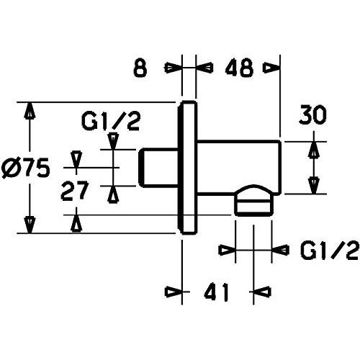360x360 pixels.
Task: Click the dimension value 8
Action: click(x=140, y=68)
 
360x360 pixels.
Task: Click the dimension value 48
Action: click(x=239, y=68)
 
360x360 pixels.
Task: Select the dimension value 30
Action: click(x=312, y=116)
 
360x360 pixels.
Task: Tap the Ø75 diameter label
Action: click(x=26, y=168)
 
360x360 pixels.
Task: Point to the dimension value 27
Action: click(x=75, y=192)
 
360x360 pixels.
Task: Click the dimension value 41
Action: click(x=216, y=292)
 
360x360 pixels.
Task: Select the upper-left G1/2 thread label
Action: click(x=111, y=122)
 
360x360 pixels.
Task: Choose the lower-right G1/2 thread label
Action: click(x=330, y=251)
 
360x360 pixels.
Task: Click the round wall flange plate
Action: click(x=187, y=167)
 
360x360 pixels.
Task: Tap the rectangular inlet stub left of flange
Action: click(x=158, y=168)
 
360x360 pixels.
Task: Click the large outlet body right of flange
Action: click(x=239, y=167)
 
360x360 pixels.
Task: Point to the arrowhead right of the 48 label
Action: click(x=272, y=68)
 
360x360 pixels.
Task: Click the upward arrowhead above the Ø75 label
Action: click(x=30, y=111)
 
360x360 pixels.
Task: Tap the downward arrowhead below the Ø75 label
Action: click(x=30, y=225)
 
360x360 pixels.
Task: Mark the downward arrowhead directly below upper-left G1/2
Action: click(x=113, y=141)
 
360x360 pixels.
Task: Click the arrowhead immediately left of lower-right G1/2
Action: click(x=228, y=251)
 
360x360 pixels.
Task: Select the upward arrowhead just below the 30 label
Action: click(x=314, y=150)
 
